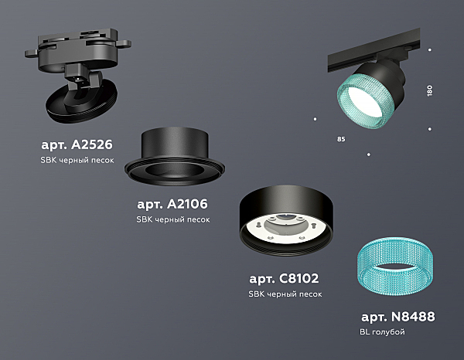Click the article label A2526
pyautogui.click(x=77, y=144)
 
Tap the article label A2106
pyautogui.click(x=172, y=204)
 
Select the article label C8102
pyautogui.click(x=284, y=278)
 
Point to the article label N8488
pyautogui.click(x=398, y=317)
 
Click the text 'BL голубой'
pyautogui.click(x=382, y=332)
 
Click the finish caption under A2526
pyautogui.click(x=77, y=160)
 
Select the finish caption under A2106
pyautogui.click(x=173, y=219)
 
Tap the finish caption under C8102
pyautogui.click(x=285, y=294)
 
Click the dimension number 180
pyautogui.click(x=430, y=90)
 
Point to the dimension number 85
pyautogui.click(x=341, y=139)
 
